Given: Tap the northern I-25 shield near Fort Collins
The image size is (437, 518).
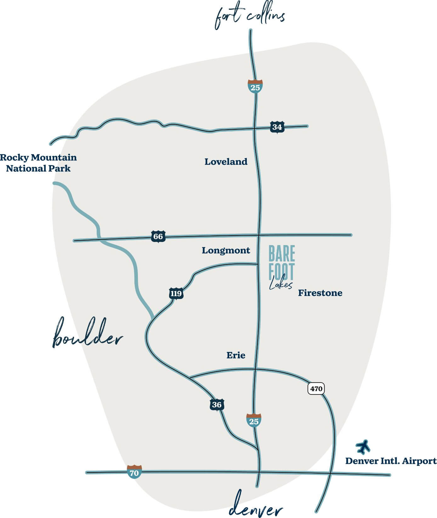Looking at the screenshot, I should point(255,86).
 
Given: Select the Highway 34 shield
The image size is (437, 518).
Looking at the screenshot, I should point(277,127).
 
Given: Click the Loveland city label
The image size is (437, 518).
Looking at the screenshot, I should point(226,162).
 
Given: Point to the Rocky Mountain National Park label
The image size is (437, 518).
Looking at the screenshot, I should point(38,163).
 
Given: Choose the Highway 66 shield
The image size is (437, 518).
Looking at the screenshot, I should point(158,236).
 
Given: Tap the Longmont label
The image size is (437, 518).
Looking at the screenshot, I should point(226,250).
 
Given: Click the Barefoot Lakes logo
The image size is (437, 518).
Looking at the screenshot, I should point(281,267).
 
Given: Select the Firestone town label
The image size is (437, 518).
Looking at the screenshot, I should point(320,293).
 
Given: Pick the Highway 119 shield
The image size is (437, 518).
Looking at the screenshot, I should point(176,294).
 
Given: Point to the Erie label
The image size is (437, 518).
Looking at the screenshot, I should point(236,355).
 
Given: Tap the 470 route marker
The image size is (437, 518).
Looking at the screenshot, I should point(316,388).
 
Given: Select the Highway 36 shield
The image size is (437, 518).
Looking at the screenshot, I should point(217,405).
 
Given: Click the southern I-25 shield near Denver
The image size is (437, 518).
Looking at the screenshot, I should point(254,420).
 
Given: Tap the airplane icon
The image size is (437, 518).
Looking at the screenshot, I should point(363,446).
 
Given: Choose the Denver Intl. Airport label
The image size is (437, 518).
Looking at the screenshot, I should point(391,461).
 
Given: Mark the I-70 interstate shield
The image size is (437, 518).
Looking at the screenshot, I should point(134,472).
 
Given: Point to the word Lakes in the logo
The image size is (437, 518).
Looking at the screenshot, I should point(281,285).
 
